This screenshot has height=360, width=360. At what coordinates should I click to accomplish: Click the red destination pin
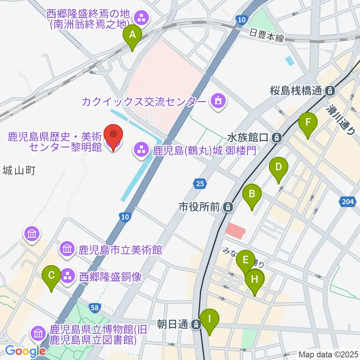point(113,137)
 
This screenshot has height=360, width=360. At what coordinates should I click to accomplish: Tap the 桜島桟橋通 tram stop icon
point(330,90)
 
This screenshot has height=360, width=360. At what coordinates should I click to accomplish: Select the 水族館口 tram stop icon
point(277,138)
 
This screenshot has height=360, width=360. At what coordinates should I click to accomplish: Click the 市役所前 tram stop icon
point(228,207)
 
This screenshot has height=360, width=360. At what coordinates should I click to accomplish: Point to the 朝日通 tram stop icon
point(195,325)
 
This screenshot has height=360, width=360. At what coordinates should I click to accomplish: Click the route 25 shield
point(200,183)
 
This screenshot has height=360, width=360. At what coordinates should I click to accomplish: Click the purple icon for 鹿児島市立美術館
point(67,249)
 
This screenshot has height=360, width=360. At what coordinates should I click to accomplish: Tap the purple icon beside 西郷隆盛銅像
point(68,277)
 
